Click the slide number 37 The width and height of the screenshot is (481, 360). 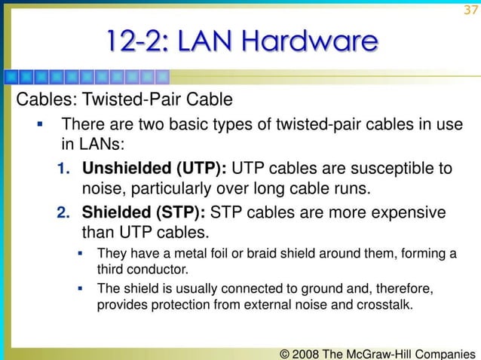pos(470,10)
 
